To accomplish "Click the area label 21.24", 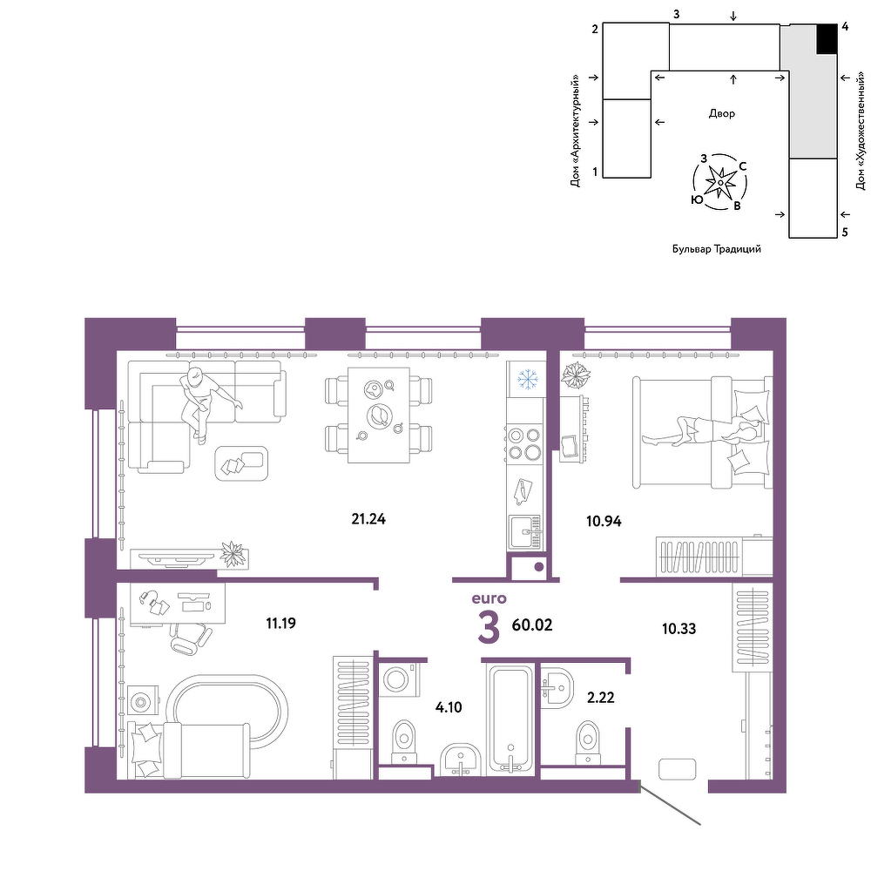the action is [368, 519].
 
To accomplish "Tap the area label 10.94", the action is [604, 521].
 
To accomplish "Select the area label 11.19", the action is [280, 624].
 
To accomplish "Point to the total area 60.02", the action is [532, 625].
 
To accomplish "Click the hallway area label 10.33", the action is [679, 629].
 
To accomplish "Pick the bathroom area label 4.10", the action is [449, 707].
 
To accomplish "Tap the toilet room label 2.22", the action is [601, 697].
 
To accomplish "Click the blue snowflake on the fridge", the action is [528, 379].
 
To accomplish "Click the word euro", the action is [489, 598].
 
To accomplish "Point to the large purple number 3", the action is [489, 628].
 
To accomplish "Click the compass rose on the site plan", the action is [720, 182].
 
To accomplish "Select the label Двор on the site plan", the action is [721, 113].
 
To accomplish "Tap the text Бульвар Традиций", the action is [717, 249].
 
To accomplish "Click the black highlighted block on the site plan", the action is [827, 39].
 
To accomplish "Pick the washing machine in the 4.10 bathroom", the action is [400, 679].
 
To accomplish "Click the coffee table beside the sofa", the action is [241, 463].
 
